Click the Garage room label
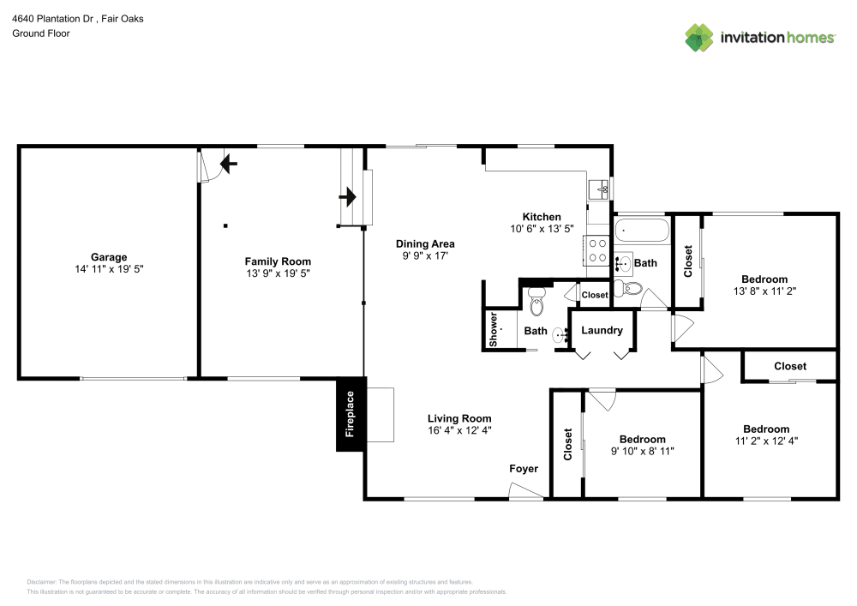[109, 257]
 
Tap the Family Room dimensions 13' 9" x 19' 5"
[278, 273]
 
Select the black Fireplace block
[350, 414]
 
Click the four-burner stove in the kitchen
[596, 249]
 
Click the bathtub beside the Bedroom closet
[641, 231]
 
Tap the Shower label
[494, 329]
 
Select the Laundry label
[602, 331]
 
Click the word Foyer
[524, 469]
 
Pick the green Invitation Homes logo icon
[698, 37]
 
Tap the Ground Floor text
[41, 33]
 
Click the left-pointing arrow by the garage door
[229, 161]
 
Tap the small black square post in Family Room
[225, 226]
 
